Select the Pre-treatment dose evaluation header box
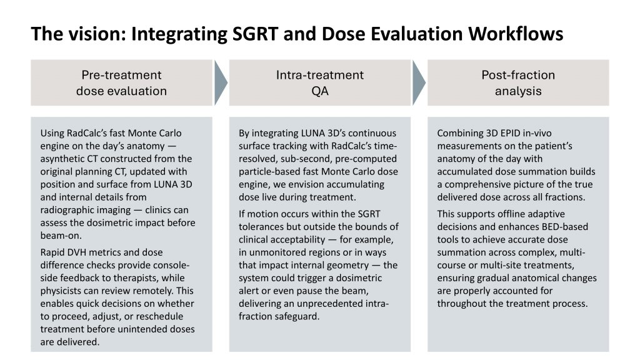[x=122, y=83]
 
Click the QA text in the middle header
[x=319, y=91]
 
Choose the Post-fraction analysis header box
[x=518, y=83]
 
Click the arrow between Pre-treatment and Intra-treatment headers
[x=221, y=83]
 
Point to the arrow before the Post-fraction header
[x=419, y=83]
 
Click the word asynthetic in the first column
[x=61, y=159]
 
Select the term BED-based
[x=565, y=227]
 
